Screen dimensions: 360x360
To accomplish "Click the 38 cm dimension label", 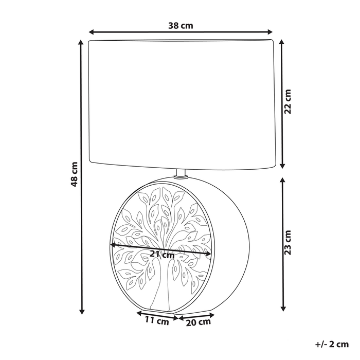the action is [181, 26].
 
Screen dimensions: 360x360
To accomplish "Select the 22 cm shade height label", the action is [287, 101].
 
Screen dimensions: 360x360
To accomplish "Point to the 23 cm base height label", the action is [287, 243].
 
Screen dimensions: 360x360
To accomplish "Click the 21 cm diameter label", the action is [162, 255].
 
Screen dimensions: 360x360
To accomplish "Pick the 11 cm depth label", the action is [157, 321].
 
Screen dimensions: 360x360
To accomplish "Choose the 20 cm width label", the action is [198, 322].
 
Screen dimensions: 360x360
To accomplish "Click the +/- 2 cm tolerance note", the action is [332, 345].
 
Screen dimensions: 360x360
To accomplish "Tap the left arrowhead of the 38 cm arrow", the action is [92, 32].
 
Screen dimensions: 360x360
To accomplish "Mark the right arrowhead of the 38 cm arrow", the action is [269, 32].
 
